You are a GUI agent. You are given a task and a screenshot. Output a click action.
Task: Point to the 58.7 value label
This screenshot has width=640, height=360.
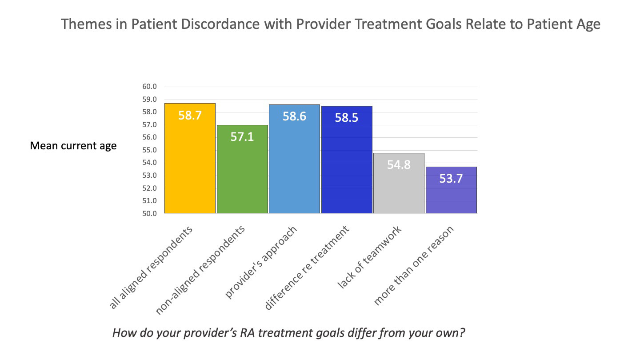pos(190,116)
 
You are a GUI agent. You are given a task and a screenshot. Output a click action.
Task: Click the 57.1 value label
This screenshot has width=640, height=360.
pos(242,136)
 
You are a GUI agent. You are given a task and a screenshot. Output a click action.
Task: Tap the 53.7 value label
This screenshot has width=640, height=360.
pos(451,179)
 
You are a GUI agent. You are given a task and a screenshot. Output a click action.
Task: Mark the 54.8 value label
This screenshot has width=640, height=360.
pos(399,165)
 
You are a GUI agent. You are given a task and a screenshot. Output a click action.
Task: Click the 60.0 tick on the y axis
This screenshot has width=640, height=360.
pos(150,87)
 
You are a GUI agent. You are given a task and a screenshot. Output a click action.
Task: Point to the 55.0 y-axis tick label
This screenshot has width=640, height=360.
pos(150,150)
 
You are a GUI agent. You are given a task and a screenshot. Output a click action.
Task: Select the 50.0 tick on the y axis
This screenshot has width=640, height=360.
pos(150,214)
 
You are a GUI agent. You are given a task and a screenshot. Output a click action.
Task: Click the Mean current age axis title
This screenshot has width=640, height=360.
pos(73,146)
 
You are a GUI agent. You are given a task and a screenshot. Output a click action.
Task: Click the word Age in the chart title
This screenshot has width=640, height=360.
pos(586,24)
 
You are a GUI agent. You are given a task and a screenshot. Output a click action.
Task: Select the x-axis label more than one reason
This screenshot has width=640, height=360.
pos(414,266)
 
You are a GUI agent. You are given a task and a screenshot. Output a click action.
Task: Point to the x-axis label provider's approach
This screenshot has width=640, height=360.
pos(261,262)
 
